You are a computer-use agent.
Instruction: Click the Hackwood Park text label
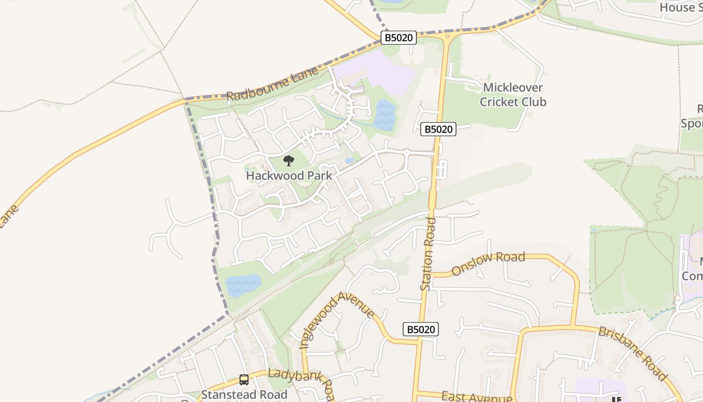point(289,176)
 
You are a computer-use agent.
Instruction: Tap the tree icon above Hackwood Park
point(288,161)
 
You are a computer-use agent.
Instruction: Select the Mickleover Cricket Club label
point(513,95)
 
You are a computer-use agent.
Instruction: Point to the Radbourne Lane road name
point(272,83)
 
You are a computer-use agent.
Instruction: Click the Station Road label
point(428,254)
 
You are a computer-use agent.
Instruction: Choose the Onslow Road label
point(488,263)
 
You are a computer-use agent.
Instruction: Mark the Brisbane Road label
point(633,353)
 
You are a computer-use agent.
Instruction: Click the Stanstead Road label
point(244,394)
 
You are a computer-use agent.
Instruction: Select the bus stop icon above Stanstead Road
point(244,380)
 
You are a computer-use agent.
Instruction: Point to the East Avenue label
point(477,397)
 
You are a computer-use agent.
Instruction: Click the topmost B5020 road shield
point(399,38)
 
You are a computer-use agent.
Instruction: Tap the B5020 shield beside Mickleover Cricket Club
point(438,129)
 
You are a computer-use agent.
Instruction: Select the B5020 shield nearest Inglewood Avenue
point(421,330)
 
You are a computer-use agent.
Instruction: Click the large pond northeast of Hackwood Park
point(385,115)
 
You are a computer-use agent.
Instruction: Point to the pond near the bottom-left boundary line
point(244,285)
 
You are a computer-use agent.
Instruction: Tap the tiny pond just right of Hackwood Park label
point(349,160)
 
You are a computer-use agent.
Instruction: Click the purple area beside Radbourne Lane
point(377,75)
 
